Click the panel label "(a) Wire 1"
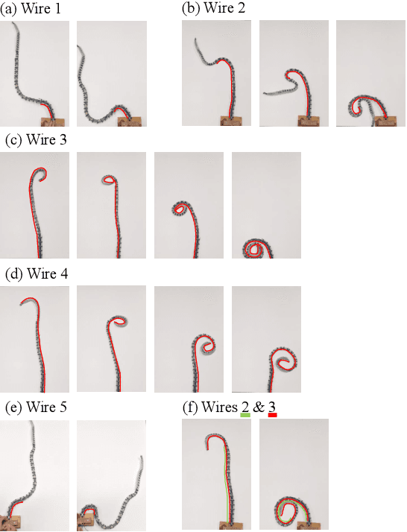[x=31, y=8]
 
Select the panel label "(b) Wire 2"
[x=213, y=8]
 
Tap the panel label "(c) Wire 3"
[x=36, y=139]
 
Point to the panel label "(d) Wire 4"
[x=37, y=273]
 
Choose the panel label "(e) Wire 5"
[x=36, y=407]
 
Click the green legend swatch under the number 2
[x=245, y=415]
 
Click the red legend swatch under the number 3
[x=272, y=415]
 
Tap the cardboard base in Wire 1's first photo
[x=53, y=121]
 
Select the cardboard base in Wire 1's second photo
[x=130, y=121]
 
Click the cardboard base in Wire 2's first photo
[x=232, y=121]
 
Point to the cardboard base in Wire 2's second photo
[x=309, y=121]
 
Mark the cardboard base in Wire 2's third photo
[x=385, y=121]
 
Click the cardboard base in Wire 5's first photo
[x=10, y=523]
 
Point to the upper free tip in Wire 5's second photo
[x=142, y=458]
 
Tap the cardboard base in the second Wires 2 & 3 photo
[x=309, y=526]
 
